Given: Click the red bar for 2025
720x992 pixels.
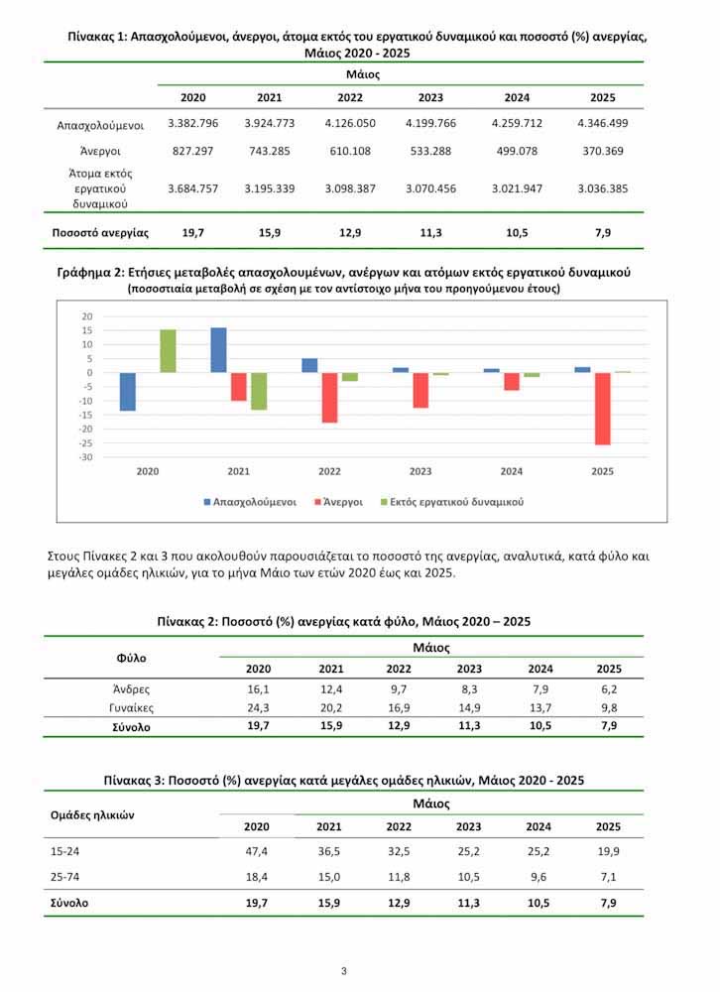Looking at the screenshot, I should tap(603, 409).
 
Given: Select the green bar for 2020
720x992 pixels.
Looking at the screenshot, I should tap(169, 351).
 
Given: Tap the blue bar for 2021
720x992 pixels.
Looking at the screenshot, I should tap(219, 350).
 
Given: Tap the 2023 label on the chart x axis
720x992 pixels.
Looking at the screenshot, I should tap(420, 471).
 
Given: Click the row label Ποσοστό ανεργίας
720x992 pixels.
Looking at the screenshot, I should tap(100, 233).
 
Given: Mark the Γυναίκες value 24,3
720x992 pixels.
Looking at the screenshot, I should tap(258, 708).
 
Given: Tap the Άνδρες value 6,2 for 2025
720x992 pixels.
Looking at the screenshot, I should tap(609, 688).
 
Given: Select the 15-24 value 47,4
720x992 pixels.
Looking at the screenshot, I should tap(257, 852).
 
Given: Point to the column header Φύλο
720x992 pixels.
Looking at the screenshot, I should tap(131, 657).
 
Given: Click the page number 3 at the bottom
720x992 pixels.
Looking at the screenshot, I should tap(343, 970).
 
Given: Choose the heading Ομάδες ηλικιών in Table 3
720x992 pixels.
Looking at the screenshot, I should tap(92, 814).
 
